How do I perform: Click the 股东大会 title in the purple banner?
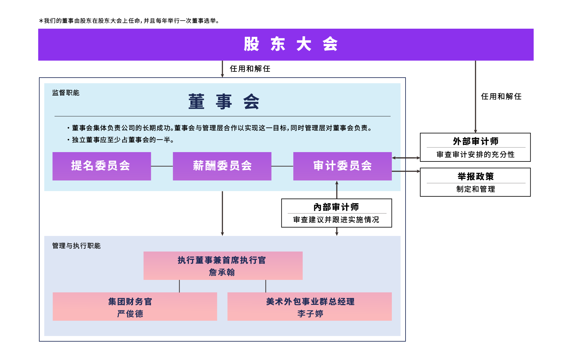pyautogui.click(x=291, y=44)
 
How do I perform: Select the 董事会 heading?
pyautogui.click(x=224, y=102)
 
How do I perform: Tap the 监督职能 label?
pyautogui.click(x=66, y=93)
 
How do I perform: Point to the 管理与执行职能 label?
pyautogui.click(x=76, y=246)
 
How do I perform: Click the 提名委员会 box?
pyautogui.click(x=102, y=166)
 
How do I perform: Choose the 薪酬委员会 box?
pyautogui.click(x=222, y=166)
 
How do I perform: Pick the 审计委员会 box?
pyautogui.click(x=342, y=166)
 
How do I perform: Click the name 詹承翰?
pyautogui.click(x=222, y=272)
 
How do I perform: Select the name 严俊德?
pyautogui.click(x=130, y=314)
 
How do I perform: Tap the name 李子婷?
pyautogui.click(x=310, y=314)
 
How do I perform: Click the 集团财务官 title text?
pyautogui.click(x=130, y=302)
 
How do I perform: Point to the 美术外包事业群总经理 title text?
pyautogui.click(x=310, y=302)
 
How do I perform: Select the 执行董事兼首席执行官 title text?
pyautogui.click(x=222, y=260)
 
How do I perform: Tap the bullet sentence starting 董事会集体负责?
pyautogui.click(x=221, y=128)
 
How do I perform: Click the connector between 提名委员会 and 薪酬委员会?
pyautogui.click(x=162, y=166)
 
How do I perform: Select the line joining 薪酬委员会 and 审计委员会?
pyautogui.click(x=282, y=166)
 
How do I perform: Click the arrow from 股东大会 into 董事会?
pyautogui.click(x=222, y=69)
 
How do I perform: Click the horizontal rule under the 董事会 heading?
pyautogui.click(x=222, y=116)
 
